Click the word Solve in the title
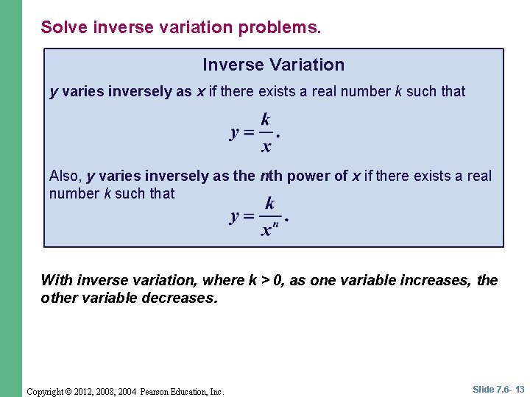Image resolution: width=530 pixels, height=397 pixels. click(x=60, y=27)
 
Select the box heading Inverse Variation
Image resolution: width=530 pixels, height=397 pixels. click(x=273, y=65)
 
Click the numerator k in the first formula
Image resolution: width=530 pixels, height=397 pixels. click(x=266, y=119)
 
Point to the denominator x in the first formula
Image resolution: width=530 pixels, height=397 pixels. click(x=266, y=146)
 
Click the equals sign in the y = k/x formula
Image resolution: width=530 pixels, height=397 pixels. click(x=249, y=133)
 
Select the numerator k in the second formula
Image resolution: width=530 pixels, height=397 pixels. click(x=269, y=203)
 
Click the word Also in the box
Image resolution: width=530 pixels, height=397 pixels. click(x=65, y=176)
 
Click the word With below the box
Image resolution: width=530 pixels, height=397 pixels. click(x=57, y=280)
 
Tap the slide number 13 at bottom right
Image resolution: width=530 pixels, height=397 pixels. click(x=520, y=389)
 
